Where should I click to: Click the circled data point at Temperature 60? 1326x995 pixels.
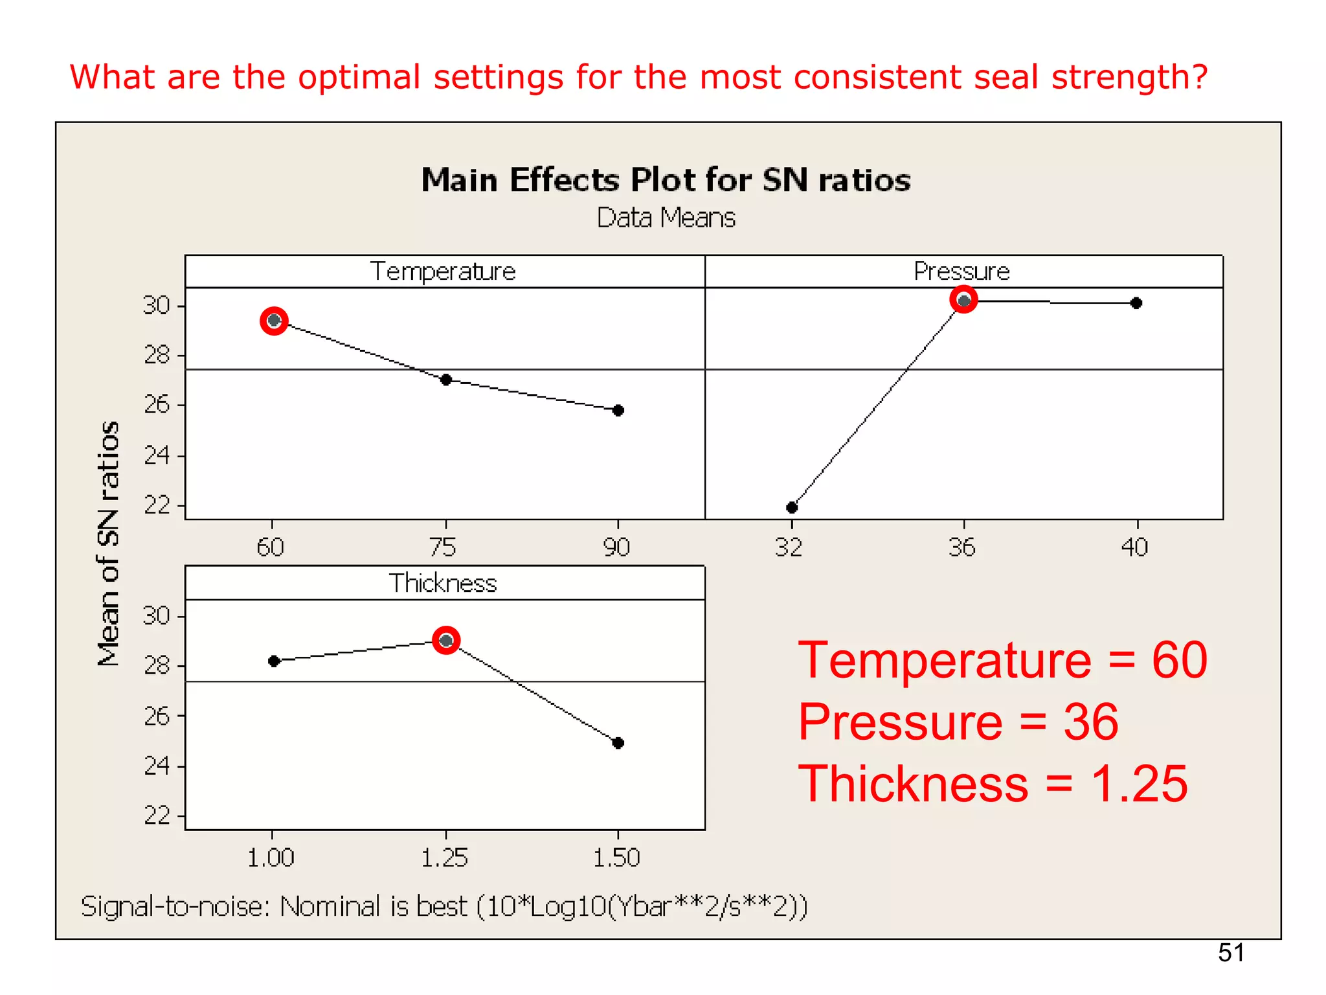[x=274, y=321]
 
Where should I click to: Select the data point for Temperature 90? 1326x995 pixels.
[x=618, y=410]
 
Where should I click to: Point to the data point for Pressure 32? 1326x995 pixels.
[x=792, y=507]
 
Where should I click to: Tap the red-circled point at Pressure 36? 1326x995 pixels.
[x=963, y=301]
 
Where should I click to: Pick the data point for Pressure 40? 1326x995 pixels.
[x=1136, y=303]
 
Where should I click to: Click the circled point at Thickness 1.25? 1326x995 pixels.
[x=446, y=641]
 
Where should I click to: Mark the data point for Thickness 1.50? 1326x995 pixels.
[x=618, y=742]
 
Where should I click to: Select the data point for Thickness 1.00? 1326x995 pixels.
[x=274, y=661]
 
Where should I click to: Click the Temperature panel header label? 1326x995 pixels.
[x=443, y=271]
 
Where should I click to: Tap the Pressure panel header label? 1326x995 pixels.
[x=961, y=271]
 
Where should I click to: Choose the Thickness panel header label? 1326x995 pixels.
[x=443, y=583]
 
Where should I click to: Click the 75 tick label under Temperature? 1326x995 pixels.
[x=444, y=548]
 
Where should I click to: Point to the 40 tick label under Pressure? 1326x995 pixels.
[x=1134, y=548]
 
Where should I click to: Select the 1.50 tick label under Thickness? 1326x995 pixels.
[x=616, y=858]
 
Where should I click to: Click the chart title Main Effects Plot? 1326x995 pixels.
[x=666, y=180]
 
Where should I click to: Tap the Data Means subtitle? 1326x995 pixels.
[x=666, y=218]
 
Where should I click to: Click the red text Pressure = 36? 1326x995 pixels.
[x=958, y=722]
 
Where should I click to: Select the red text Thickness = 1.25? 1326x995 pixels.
[x=993, y=784]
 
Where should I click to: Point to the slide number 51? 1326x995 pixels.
[x=1231, y=953]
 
